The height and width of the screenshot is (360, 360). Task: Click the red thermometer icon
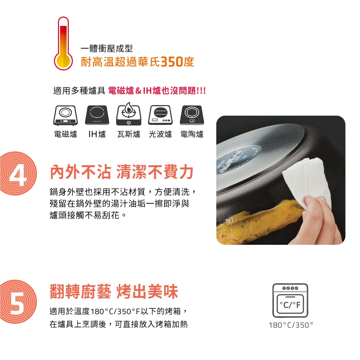tap(63, 44)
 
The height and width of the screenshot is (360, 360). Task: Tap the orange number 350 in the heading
tap(172, 62)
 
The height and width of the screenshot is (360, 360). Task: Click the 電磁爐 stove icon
tap(66, 116)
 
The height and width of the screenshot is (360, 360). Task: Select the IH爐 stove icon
tap(97, 115)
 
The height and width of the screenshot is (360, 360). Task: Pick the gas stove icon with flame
tap(129, 114)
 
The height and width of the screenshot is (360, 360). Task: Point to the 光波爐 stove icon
tap(160, 115)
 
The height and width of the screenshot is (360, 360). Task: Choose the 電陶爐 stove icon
tap(192, 115)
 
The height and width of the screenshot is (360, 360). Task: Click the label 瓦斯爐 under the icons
tap(129, 134)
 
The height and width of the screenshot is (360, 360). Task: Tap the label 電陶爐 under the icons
tap(192, 134)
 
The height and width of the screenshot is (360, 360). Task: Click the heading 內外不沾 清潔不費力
tap(122, 172)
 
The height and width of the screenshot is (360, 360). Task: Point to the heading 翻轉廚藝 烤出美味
tap(114, 292)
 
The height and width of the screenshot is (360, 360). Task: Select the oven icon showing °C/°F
tap(290, 301)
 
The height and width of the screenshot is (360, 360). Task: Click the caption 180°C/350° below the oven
tap(291, 325)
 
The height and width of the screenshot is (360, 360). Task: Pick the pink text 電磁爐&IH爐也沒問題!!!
tap(157, 91)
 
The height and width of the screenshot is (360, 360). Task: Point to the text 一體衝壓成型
tap(107, 49)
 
